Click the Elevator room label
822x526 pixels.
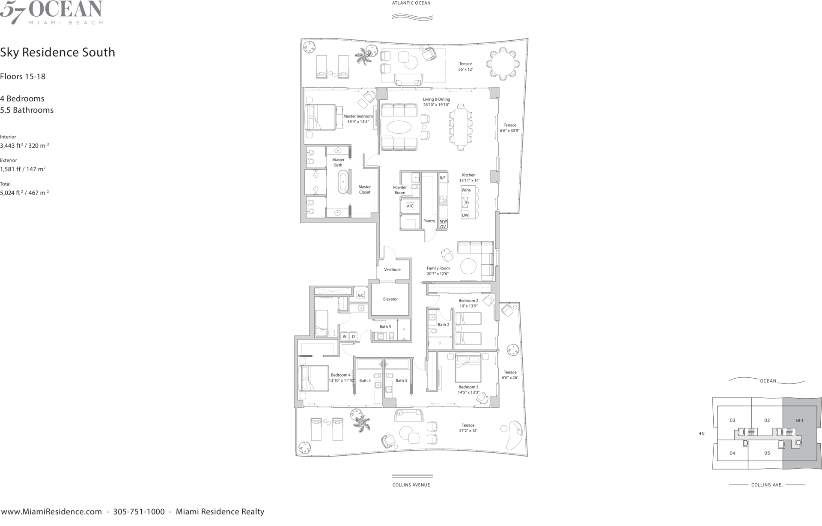(390, 299)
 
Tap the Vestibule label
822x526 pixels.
(392, 269)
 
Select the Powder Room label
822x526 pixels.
(400, 190)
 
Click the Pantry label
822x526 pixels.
(429, 221)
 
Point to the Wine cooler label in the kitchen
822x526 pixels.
(466, 190)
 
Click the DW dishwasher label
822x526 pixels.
(465, 215)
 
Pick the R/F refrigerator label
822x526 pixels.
(443, 178)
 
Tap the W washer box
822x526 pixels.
(345, 337)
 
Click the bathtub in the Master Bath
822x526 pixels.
(343, 183)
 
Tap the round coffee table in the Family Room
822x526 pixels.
(468, 266)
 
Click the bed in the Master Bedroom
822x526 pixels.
(320, 117)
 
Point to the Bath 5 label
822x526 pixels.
(385, 327)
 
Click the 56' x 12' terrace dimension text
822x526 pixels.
(466, 69)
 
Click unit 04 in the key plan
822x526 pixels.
(733, 453)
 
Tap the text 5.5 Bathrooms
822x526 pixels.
(27, 110)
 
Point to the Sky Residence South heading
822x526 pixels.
(57, 52)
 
